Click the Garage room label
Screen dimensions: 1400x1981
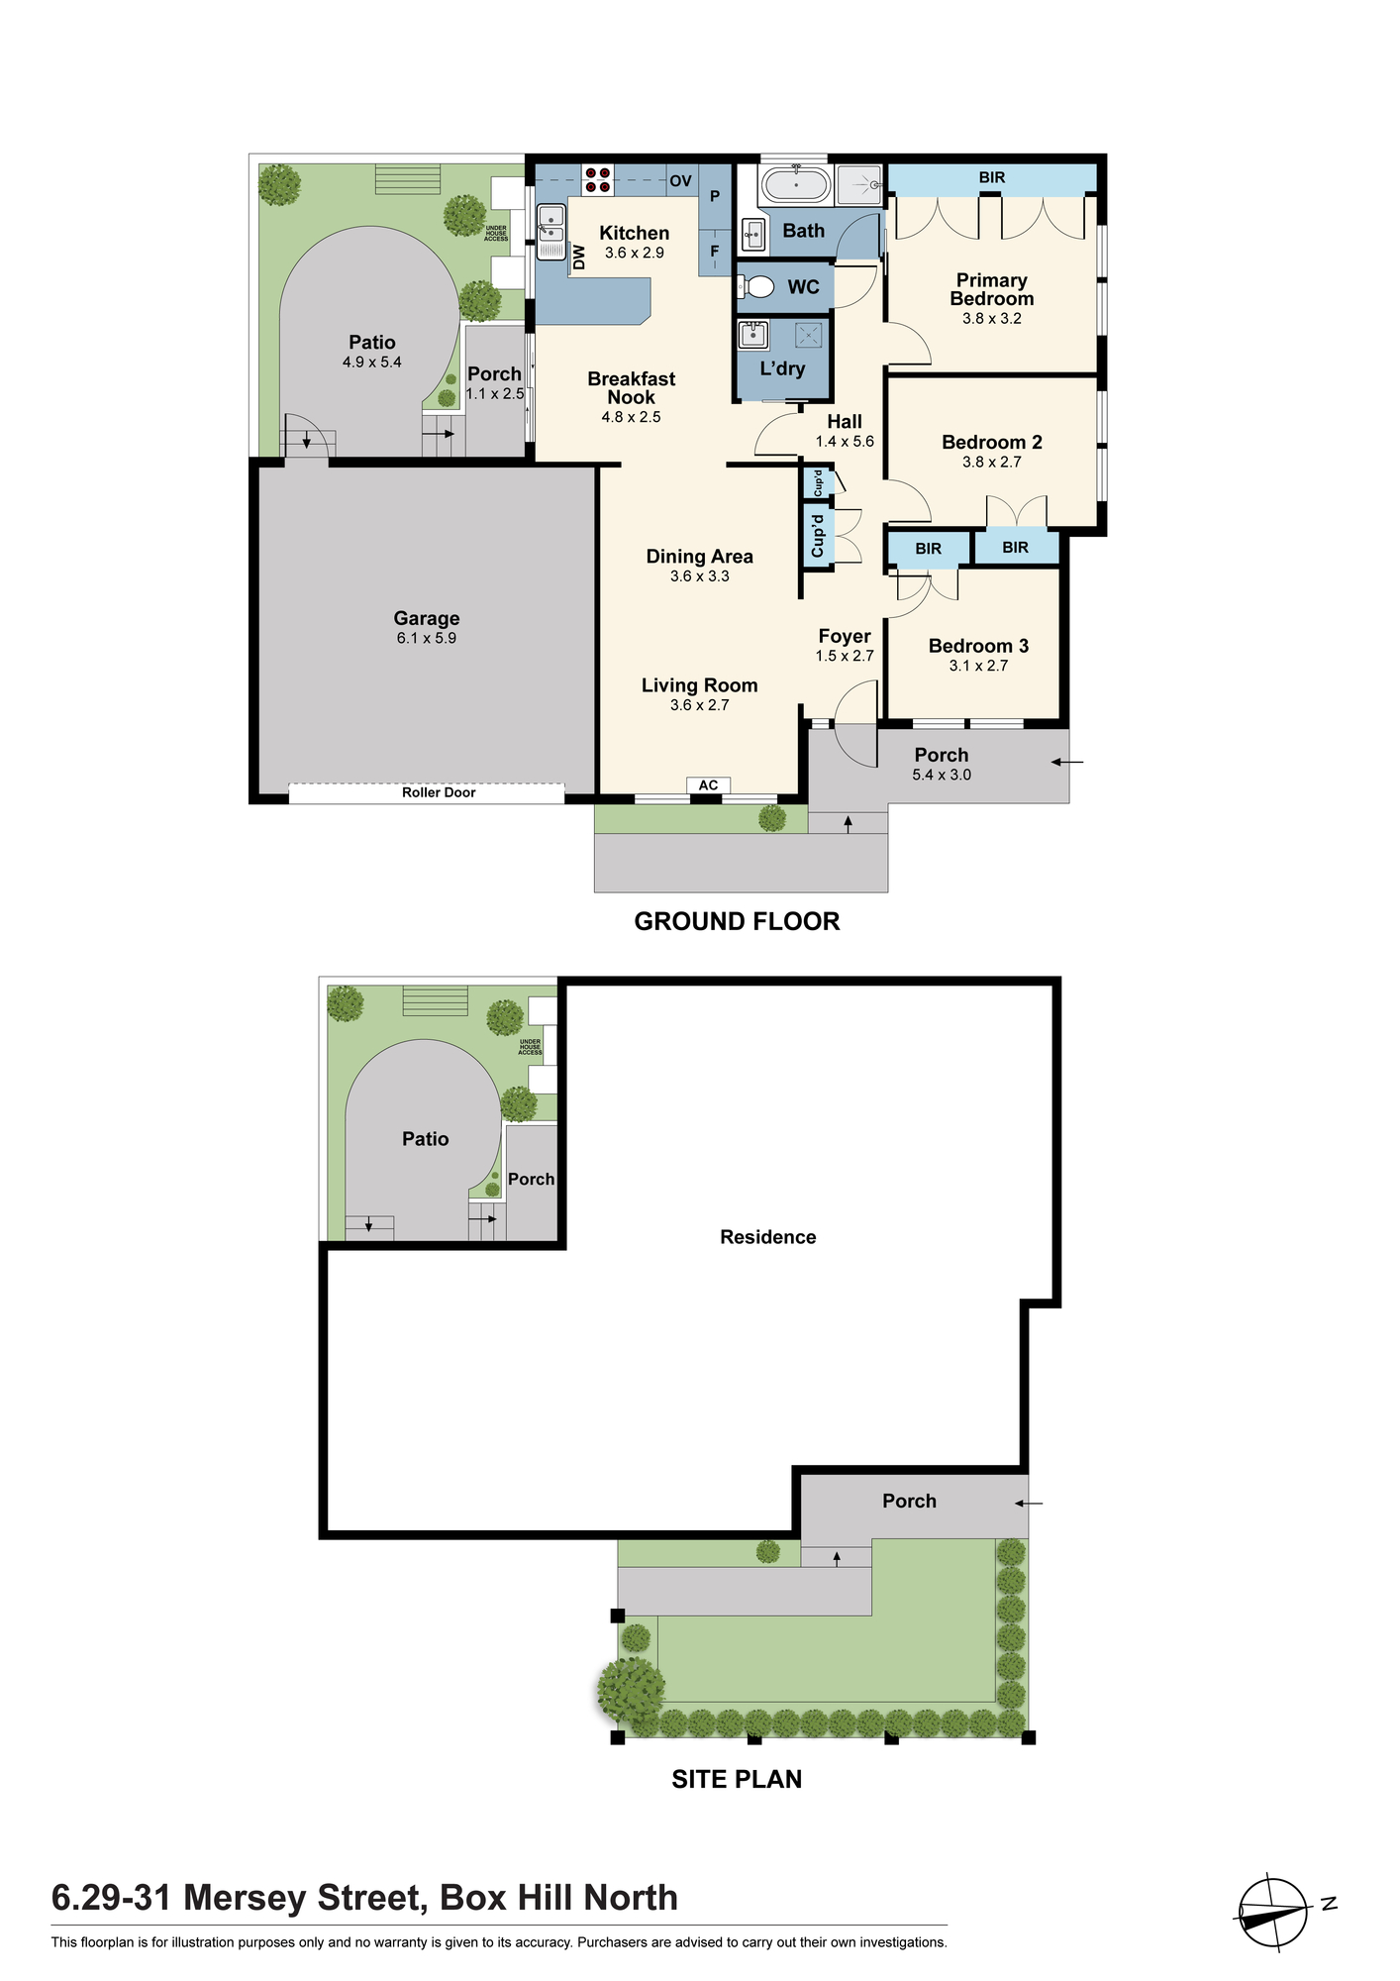pyautogui.click(x=427, y=619)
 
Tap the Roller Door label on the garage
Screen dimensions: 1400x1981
pyautogui.click(x=439, y=792)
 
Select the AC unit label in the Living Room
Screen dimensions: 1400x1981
pyautogui.click(x=709, y=785)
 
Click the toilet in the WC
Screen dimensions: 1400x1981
pyautogui.click(x=757, y=287)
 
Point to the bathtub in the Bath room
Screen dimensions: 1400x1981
pyautogui.click(x=795, y=184)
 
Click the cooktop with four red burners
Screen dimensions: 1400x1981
pyautogui.click(x=597, y=179)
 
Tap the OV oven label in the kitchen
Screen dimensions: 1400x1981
pyautogui.click(x=680, y=181)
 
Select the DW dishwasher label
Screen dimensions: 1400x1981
pyautogui.click(x=580, y=258)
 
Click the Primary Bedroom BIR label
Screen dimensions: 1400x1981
pyautogui.click(x=992, y=178)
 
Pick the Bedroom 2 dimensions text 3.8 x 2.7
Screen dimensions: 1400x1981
pyautogui.click(x=992, y=462)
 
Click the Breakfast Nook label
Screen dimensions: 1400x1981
pyautogui.click(x=632, y=387)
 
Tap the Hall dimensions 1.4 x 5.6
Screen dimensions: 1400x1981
pyautogui.click(x=845, y=442)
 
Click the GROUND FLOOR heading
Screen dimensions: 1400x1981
pyautogui.click(x=737, y=921)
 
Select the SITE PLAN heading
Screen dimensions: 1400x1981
pyautogui.click(x=737, y=1779)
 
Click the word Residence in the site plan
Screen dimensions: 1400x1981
pyautogui.click(x=768, y=1237)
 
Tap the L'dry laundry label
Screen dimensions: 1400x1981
pyautogui.click(x=782, y=368)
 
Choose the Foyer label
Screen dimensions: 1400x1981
pyautogui.click(x=845, y=637)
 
